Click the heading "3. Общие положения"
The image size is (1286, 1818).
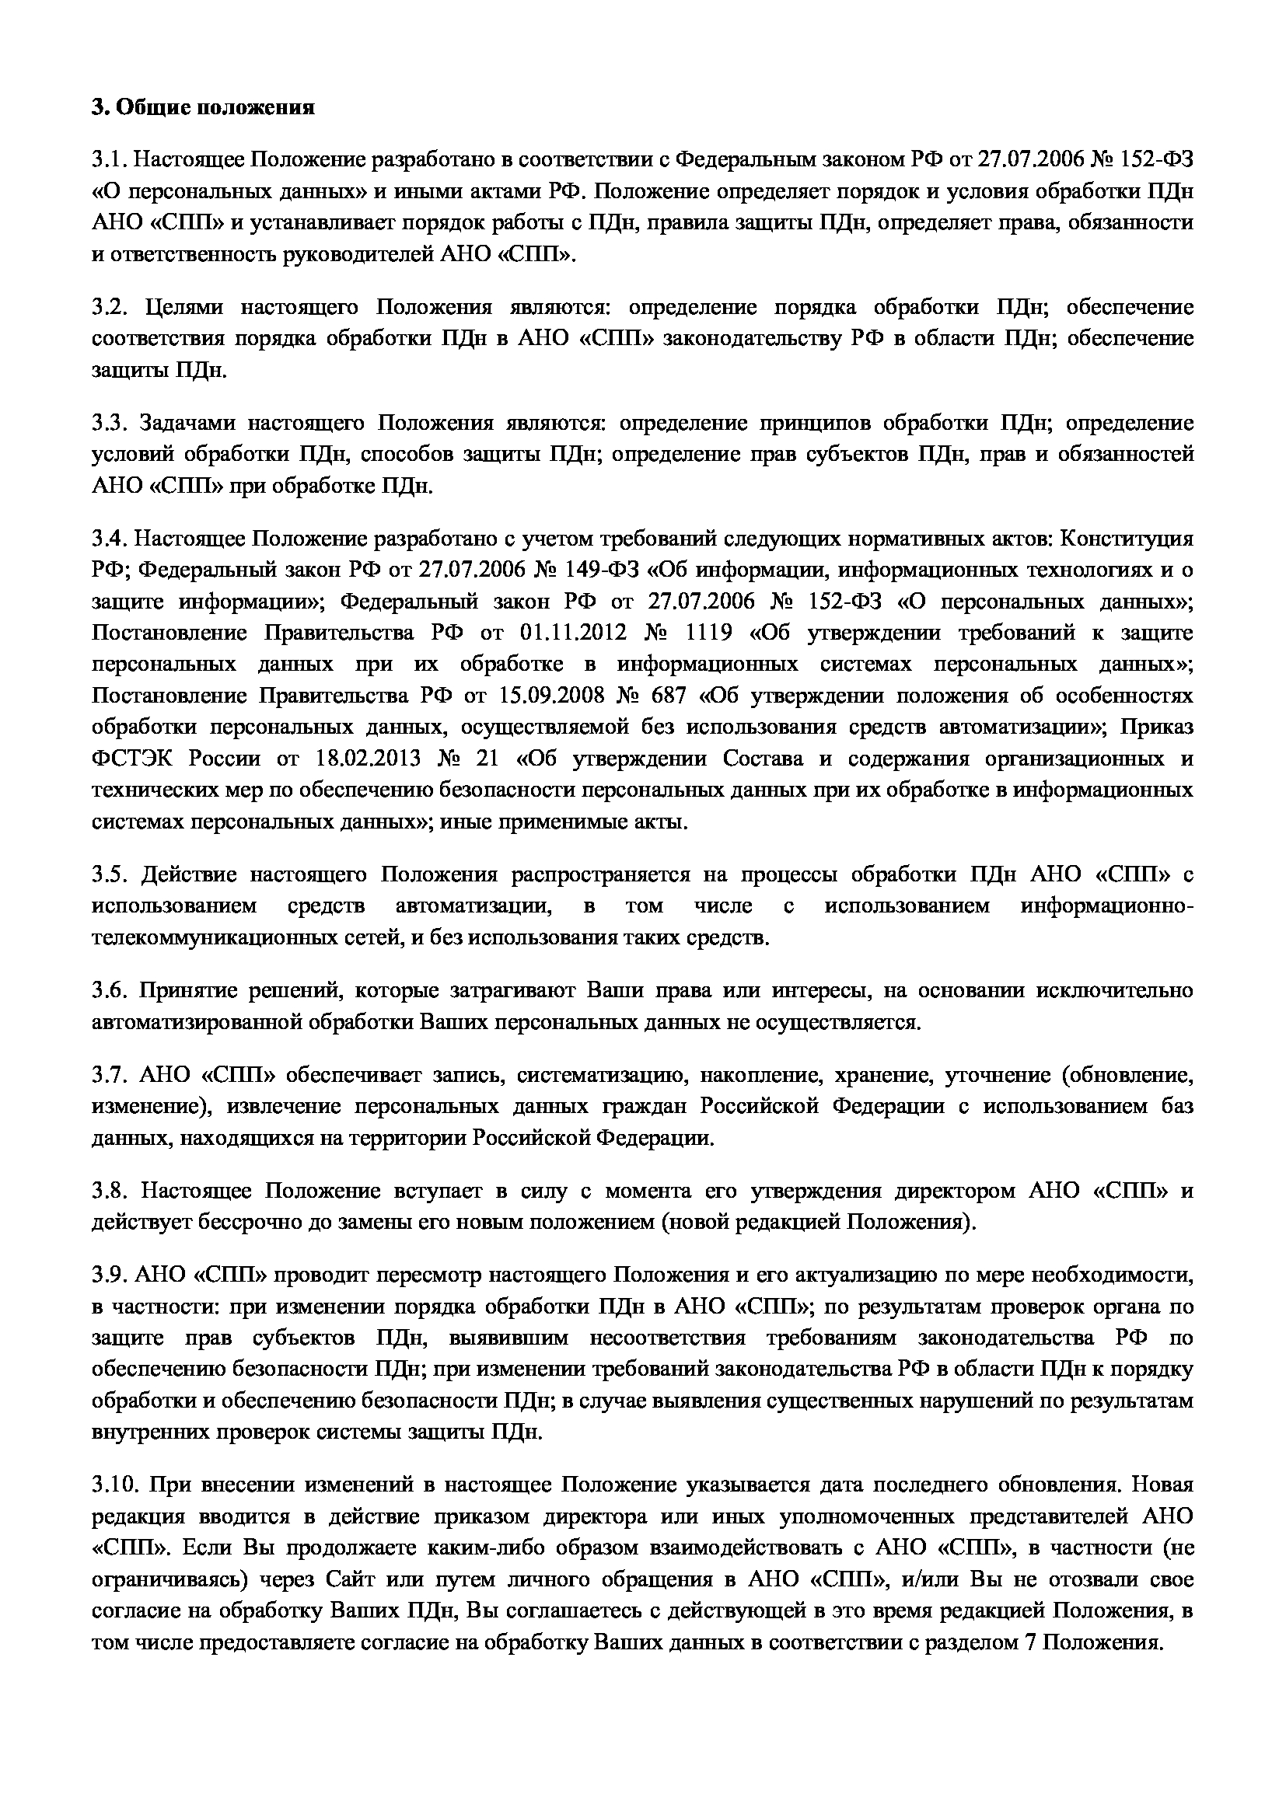(x=203, y=108)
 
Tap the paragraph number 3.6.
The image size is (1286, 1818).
(x=110, y=991)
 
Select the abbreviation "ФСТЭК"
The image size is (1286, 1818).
(x=129, y=759)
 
